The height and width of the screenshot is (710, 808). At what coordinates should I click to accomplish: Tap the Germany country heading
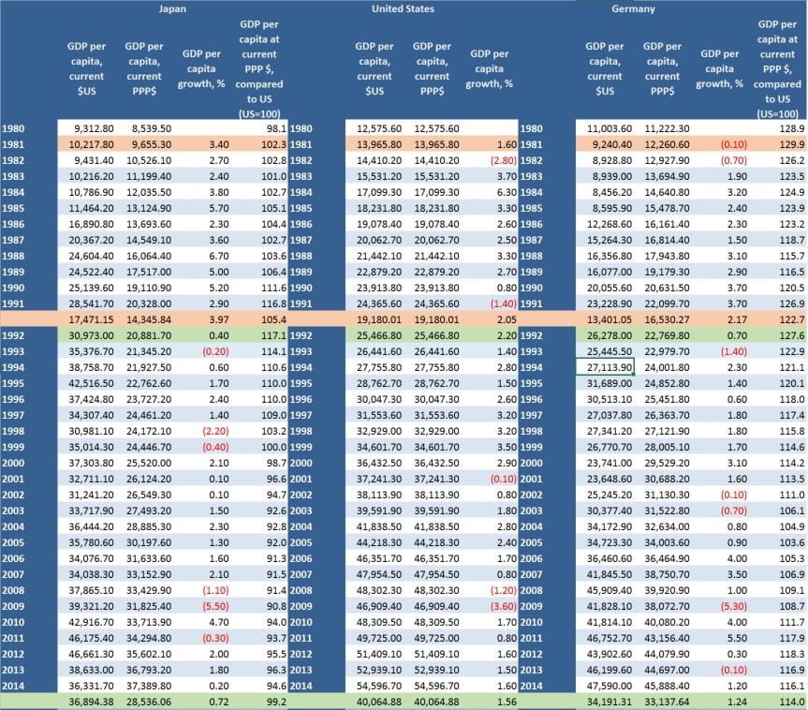(634, 9)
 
